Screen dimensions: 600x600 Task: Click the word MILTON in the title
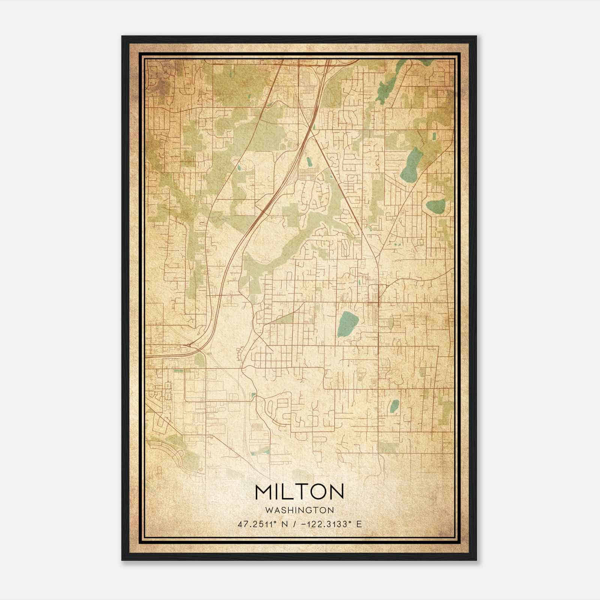[x=299, y=492]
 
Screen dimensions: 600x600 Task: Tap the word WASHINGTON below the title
[x=299, y=510]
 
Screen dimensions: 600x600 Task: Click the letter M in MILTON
[x=264, y=492]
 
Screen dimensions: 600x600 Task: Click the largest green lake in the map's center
[x=348, y=323]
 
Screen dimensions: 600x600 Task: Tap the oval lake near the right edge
[x=435, y=205]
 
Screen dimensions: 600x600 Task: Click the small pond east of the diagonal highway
[x=309, y=162]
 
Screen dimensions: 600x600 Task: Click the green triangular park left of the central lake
[x=285, y=319]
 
